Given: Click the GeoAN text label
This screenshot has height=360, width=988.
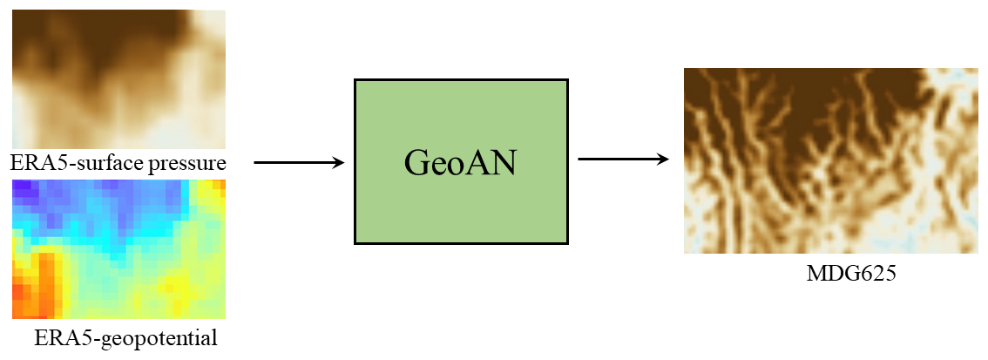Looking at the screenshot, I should click(x=461, y=162).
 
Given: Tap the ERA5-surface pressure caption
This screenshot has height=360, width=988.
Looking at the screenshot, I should click(x=118, y=163).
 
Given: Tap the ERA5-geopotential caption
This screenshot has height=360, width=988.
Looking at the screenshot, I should click(x=125, y=337).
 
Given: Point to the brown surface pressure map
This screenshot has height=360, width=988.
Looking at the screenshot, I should click(x=118, y=78).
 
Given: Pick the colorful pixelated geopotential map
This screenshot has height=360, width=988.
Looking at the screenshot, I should click(x=118, y=248).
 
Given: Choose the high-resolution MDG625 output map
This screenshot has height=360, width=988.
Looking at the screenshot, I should click(x=830, y=161).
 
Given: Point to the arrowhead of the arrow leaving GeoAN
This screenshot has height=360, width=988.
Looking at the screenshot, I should click(x=662, y=160).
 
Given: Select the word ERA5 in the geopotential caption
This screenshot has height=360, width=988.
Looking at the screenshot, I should click(x=56, y=337).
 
